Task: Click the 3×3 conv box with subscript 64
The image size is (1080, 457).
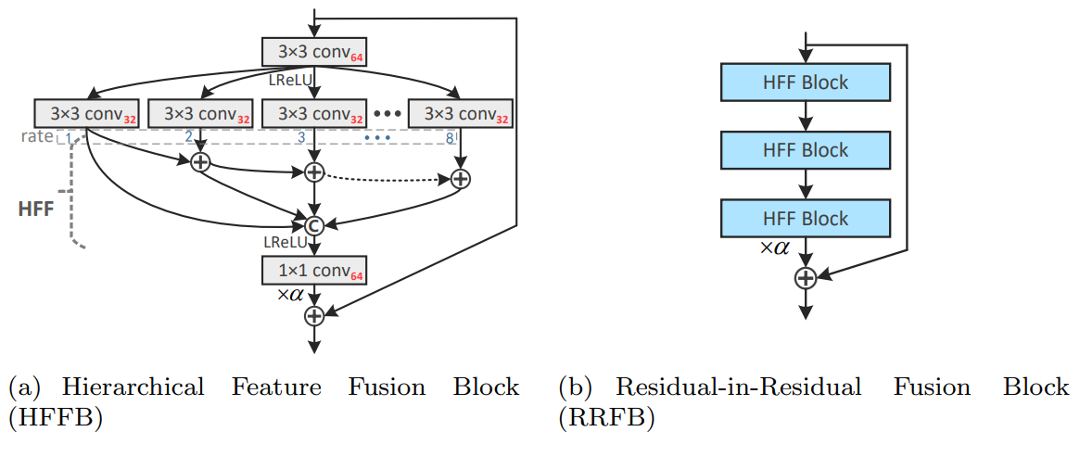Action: point(315,53)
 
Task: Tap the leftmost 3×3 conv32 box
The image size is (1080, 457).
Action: point(86,113)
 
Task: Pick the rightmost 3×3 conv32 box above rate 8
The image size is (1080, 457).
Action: point(461,113)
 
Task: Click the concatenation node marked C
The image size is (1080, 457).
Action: point(314,223)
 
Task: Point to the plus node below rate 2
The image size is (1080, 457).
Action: point(200,162)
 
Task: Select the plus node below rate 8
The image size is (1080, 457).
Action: point(461,178)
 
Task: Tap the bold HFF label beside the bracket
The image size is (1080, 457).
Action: point(36,209)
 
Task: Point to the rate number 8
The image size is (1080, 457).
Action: point(450,138)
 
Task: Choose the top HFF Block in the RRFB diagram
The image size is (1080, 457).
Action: point(805,83)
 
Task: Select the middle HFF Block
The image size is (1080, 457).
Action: point(805,150)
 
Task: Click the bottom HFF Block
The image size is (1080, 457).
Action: point(805,219)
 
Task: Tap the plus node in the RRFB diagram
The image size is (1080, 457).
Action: point(806,277)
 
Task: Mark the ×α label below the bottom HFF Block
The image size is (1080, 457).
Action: point(774,248)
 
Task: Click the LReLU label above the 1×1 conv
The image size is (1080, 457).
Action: point(286,242)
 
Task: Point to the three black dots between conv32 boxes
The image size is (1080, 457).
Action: point(386,113)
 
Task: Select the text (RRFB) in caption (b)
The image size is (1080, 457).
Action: point(606,418)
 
